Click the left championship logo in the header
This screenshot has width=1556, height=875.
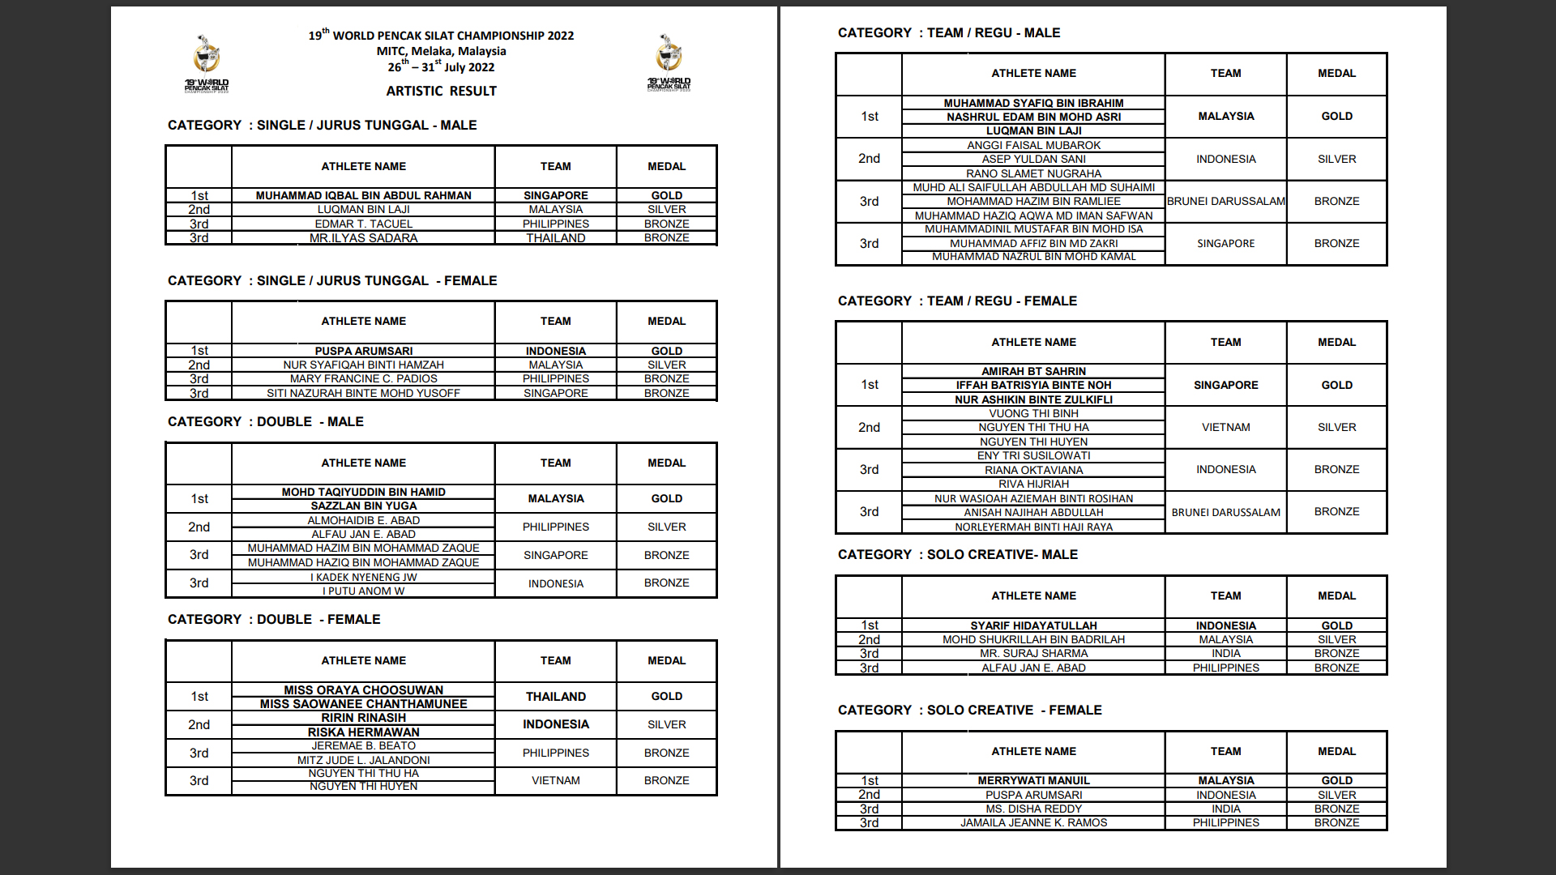[x=207, y=62]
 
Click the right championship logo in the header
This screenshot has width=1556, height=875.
[x=669, y=62]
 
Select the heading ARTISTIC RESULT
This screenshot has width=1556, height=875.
[x=441, y=91]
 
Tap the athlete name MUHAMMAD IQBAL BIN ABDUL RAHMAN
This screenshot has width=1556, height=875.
[x=363, y=195]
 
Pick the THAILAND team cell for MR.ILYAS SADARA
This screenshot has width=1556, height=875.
[x=555, y=238]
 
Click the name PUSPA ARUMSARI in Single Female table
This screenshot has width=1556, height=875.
[x=363, y=351]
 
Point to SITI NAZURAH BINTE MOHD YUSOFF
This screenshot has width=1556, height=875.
[x=363, y=393]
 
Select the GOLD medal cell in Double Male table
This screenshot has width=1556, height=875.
[x=666, y=498]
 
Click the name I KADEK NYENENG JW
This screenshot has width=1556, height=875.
[x=363, y=577]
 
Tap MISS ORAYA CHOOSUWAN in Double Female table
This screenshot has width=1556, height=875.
[x=363, y=690]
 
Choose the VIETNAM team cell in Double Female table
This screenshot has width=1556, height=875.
[x=555, y=780]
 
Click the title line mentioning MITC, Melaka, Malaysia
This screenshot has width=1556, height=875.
[x=441, y=51]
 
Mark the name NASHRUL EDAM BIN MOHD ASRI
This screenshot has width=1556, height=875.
[x=1033, y=117]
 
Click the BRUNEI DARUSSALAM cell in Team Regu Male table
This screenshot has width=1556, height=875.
[x=1225, y=201]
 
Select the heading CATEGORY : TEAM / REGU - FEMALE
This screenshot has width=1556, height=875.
[x=957, y=301]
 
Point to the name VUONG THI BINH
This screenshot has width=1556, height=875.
[x=1033, y=413]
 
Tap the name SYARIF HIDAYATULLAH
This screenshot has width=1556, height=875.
[x=1033, y=625]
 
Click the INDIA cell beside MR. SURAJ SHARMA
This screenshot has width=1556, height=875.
[x=1225, y=653]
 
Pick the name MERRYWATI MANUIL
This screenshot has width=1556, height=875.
[x=1033, y=780]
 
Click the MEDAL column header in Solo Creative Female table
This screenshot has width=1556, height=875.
[x=1336, y=751]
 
